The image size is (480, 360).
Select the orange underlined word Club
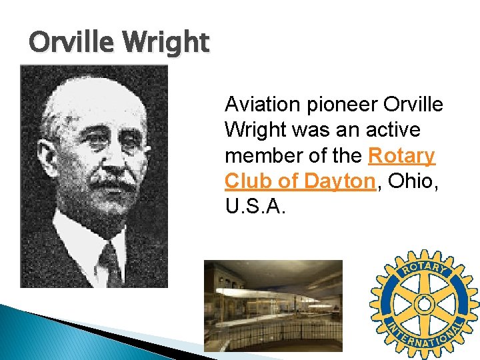[244, 181]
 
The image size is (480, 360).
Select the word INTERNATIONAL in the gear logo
[425, 340]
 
